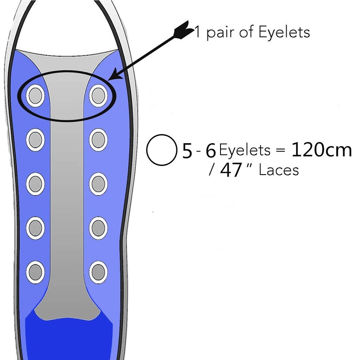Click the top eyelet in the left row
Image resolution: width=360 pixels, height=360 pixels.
pos(35,94)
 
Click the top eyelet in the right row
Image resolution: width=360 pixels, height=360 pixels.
pos(98,94)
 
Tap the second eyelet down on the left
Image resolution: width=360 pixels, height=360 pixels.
pos(35,138)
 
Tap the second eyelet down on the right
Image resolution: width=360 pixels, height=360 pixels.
pos(98,138)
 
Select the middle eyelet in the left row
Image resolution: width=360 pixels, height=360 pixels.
pos(35,182)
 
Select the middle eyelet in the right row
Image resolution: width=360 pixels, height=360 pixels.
pos(98,182)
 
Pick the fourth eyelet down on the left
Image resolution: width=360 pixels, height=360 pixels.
pos(35,226)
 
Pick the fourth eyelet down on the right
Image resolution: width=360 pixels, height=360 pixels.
pos(98,226)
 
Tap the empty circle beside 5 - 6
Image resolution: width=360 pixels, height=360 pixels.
pos(161,151)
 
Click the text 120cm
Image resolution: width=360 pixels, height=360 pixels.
pos(321,150)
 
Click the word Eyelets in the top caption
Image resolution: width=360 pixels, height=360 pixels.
pos(283,33)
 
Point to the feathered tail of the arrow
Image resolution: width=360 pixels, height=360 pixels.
pos(184,30)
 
